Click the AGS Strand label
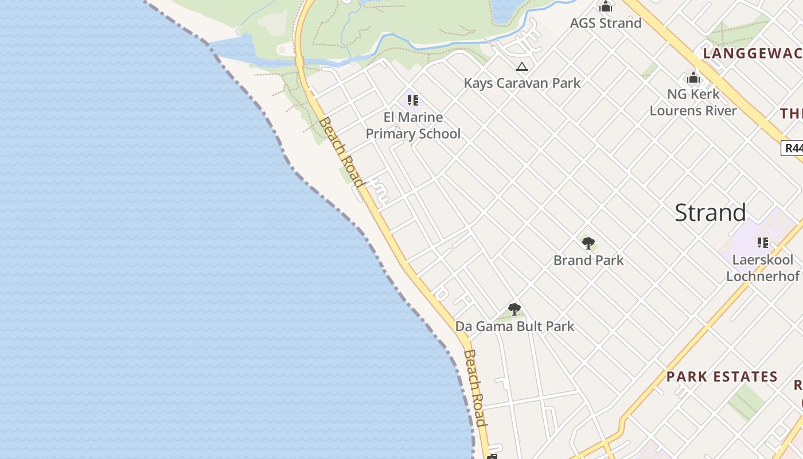(x=606, y=23)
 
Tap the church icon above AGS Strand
(x=606, y=7)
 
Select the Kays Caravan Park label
(x=522, y=83)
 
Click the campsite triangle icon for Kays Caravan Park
(x=521, y=67)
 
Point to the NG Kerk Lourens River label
(x=693, y=102)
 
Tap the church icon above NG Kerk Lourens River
(x=693, y=77)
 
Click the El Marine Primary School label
(x=413, y=126)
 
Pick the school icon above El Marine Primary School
(x=413, y=101)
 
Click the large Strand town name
(x=710, y=212)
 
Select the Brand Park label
(x=588, y=260)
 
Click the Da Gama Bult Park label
(x=514, y=326)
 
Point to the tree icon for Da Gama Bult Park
(x=514, y=310)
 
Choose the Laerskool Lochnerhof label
(x=762, y=268)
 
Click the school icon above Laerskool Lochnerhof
(x=762, y=243)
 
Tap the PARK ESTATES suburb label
(x=722, y=377)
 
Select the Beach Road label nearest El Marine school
(x=342, y=152)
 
